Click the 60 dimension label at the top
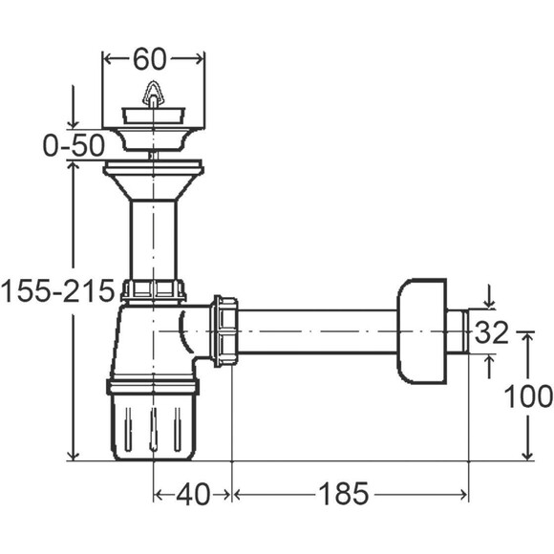(149, 59)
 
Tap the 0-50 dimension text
(74, 145)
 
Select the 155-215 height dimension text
(58, 291)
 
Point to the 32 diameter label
(491, 332)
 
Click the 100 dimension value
(528, 396)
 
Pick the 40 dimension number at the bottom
(193, 494)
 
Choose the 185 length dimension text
(344, 494)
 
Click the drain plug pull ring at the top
(153, 94)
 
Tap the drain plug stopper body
(154, 116)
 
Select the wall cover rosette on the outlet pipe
(422, 331)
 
